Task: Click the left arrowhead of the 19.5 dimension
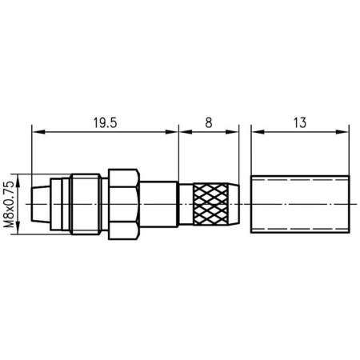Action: (37, 130)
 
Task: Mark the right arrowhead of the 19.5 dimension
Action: (174, 130)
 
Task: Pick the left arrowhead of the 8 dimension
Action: (182, 130)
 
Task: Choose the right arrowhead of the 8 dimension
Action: (238, 130)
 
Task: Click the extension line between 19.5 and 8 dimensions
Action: (178, 152)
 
